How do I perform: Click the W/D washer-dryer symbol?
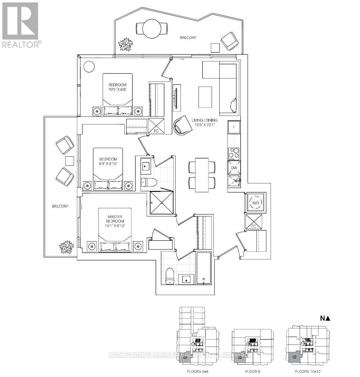[256, 203]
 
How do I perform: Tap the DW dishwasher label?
[234, 168]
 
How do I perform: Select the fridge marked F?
[234, 127]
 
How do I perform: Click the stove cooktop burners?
[234, 153]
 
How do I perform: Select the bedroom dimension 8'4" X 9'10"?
[108, 163]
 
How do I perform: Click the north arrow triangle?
[328, 319]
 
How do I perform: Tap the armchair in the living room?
[183, 124]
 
